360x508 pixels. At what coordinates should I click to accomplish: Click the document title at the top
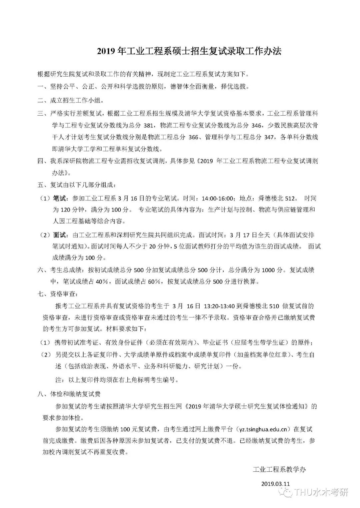pyautogui.click(x=189, y=51)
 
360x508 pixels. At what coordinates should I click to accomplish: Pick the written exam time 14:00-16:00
pyautogui.click(x=217, y=199)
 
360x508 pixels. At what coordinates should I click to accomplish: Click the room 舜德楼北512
pyautogui.click(x=277, y=199)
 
